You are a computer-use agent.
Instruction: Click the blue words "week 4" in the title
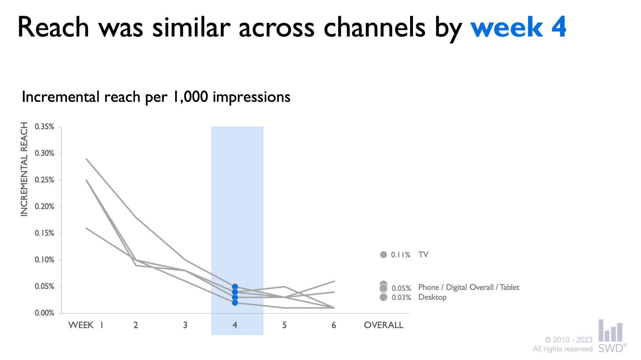518,28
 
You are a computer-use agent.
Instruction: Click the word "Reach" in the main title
53,28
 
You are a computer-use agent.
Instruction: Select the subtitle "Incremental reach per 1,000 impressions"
156,97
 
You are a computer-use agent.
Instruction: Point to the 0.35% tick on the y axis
45,127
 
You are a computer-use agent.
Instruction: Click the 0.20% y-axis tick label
45,206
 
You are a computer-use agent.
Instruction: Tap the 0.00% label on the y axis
45,313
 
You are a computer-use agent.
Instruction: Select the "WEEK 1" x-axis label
85,325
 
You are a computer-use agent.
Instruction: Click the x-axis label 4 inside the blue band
235,325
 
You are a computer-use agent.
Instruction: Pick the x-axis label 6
334,325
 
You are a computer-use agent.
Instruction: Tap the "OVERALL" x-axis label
383,325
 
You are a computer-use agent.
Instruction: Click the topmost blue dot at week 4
235,287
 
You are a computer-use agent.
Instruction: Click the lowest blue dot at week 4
235,302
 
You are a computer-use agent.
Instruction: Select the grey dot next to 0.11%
383,255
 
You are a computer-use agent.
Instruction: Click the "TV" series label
423,255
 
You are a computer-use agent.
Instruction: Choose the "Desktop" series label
432,297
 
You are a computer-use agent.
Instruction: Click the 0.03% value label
401,298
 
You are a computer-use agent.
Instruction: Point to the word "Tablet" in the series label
509,287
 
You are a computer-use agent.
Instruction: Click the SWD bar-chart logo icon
610,331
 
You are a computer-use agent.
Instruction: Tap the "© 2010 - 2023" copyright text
568,340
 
